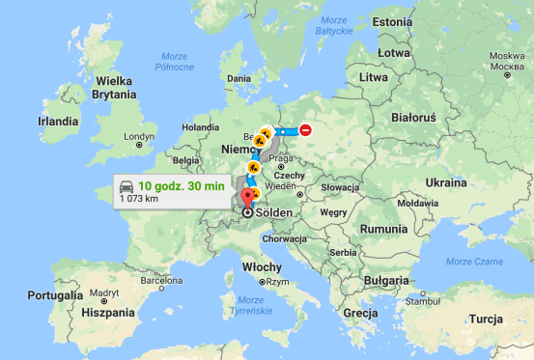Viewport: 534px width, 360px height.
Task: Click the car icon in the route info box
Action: coord(125,184)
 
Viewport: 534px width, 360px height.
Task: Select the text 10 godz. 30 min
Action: coord(181,184)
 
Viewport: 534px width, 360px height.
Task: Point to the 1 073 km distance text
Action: coord(139,199)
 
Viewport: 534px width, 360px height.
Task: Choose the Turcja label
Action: coord(487,318)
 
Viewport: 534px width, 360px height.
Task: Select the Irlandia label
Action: coord(58,122)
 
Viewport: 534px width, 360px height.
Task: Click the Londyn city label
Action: coord(139,137)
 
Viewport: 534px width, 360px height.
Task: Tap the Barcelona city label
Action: coord(160,280)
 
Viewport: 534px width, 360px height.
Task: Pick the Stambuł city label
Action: coord(422,301)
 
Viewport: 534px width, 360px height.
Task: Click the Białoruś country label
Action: coord(412,117)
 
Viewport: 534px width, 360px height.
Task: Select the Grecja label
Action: coord(358,314)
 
